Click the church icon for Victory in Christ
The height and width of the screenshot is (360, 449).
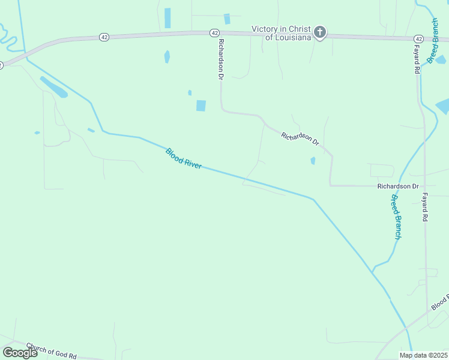click(320, 32)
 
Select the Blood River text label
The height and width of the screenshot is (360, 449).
click(183, 158)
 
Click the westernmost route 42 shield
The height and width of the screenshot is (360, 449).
click(104, 37)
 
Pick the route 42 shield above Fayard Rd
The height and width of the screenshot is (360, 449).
click(418, 39)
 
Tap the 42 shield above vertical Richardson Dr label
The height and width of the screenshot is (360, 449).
click(214, 32)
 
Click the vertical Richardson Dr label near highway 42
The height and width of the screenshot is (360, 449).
click(221, 59)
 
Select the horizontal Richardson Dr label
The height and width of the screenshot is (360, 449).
click(397, 186)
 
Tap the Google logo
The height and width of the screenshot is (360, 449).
click(20, 352)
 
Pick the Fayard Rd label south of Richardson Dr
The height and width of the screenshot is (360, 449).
click(424, 208)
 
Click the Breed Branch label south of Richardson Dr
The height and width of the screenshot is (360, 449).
click(395, 217)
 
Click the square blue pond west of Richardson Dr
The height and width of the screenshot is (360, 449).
click(200, 106)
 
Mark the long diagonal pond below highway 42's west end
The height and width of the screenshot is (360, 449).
click(53, 87)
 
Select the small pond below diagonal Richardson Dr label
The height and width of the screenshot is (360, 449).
click(313, 161)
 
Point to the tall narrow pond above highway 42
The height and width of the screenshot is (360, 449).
click(167, 18)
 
